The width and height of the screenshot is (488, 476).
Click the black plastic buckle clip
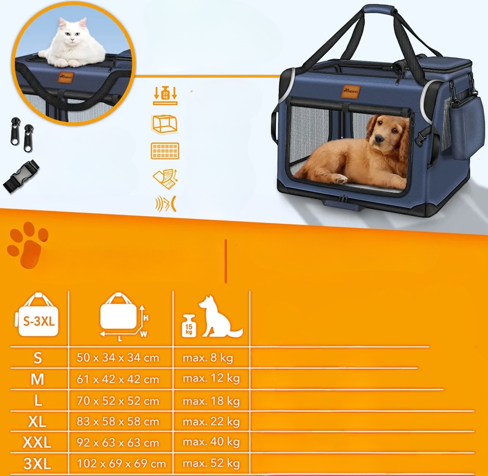click(x=21, y=176)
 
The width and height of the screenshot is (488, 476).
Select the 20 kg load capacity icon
click(x=165, y=95)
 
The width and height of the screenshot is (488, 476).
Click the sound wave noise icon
click(x=165, y=204)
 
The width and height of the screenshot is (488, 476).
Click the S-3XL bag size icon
click(x=37, y=314)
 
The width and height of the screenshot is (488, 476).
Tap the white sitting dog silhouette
click(x=220, y=317)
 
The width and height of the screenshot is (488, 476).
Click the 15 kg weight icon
click(x=189, y=326)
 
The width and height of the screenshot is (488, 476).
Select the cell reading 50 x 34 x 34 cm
click(x=118, y=358)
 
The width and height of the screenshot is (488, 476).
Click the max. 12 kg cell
click(x=211, y=378)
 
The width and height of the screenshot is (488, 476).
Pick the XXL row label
click(x=37, y=442)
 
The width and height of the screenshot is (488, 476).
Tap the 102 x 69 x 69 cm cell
click(x=121, y=464)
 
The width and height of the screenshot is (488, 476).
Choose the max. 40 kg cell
click(x=211, y=442)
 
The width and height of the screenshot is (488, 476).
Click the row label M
click(x=37, y=379)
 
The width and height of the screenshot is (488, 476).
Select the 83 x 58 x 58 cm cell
click(x=118, y=422)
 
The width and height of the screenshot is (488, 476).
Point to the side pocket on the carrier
click(x=464, y=128)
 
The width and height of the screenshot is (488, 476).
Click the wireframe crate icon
click(x=164, y=124)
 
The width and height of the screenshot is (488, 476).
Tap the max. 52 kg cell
click(x=211, y=464)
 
